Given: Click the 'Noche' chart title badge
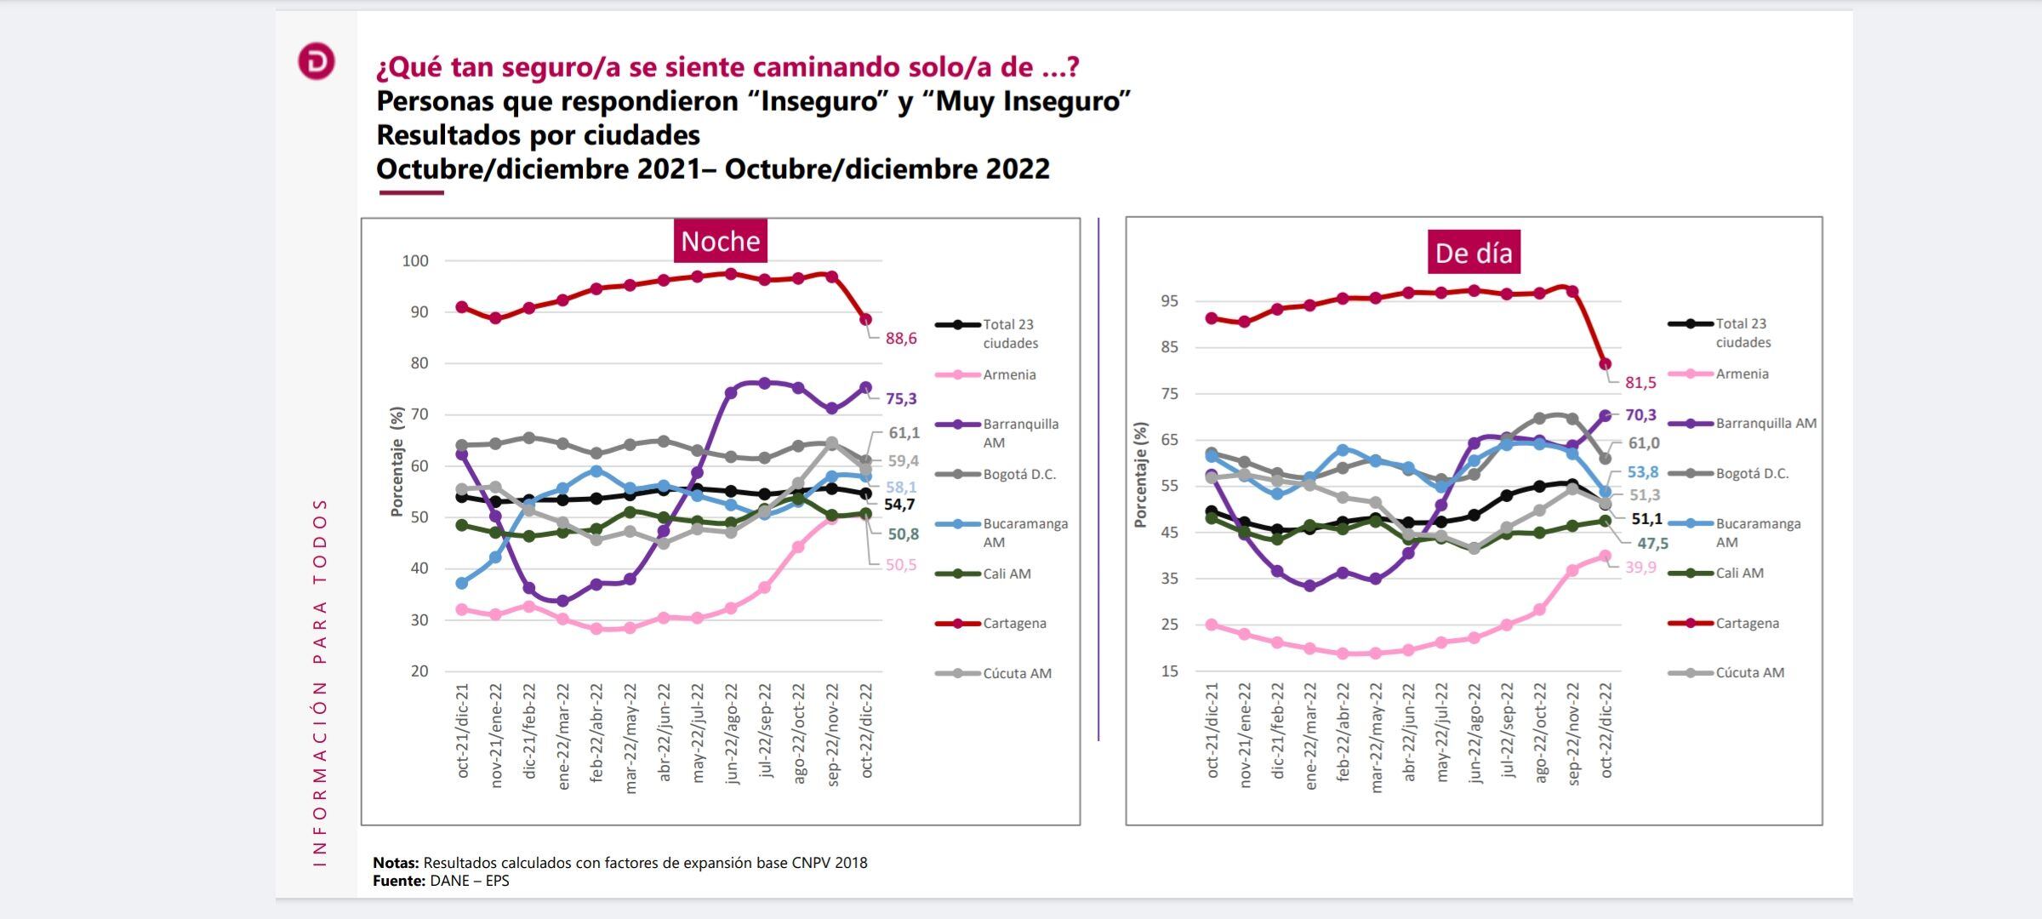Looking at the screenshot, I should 720,242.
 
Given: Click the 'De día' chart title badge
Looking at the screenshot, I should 1474,253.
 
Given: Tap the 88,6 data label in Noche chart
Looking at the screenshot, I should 901,339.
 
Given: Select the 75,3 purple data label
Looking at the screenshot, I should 901,399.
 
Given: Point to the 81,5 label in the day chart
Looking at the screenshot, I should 1640,383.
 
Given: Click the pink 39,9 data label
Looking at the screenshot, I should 1640,568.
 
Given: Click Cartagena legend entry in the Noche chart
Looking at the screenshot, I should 1014,624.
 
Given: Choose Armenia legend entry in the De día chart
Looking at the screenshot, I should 1742,374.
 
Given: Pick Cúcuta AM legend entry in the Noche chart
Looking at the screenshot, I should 1017,674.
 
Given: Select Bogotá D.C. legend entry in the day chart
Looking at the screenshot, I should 1752,474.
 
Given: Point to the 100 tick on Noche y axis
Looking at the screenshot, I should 415,261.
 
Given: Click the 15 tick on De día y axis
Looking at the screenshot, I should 1169,671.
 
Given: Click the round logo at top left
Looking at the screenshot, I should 317,62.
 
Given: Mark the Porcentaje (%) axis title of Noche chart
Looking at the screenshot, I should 396,462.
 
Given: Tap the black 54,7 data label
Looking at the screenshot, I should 899,505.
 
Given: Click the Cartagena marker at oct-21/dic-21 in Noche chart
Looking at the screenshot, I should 462,307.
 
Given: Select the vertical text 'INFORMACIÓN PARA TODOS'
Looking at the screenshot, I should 320,681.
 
